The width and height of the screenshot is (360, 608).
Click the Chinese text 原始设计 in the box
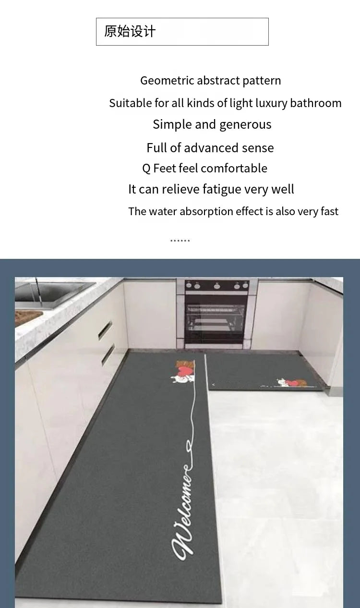pos(130,31)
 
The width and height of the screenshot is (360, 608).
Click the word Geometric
pos(167,81)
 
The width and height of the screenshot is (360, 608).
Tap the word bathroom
pos(316,103)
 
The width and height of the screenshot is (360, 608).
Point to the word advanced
pos(212,148)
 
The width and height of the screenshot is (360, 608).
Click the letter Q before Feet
pos(146,169)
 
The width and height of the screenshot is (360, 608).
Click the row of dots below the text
pos(180,241)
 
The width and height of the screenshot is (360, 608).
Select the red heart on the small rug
pos(293,383)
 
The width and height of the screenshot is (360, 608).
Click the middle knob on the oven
pos(217,286)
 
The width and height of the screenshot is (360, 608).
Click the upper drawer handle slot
pos(105,329)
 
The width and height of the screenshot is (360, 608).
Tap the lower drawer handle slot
pos(108,354)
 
